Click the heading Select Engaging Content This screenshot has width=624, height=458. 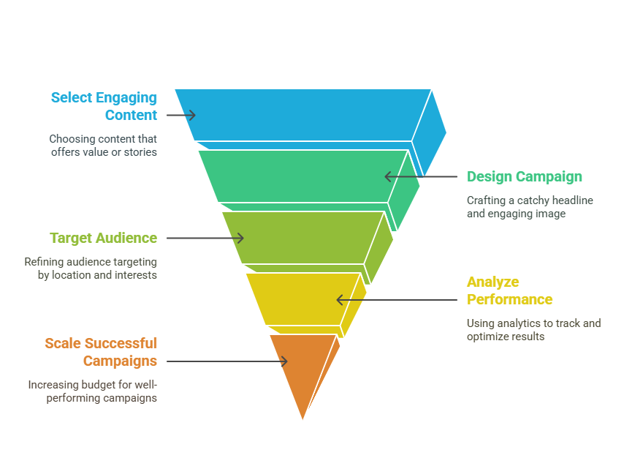[104, 106]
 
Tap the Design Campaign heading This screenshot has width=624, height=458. [525, 176]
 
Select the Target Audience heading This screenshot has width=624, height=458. [104, 238]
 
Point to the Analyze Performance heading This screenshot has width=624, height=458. [510, 290]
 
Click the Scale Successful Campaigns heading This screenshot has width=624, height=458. [101, 352]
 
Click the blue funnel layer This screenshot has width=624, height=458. [303, 115]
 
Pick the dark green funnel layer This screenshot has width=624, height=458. [303, 176]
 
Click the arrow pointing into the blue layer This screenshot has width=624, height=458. [181, 115]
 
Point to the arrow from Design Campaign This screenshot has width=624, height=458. [421, 176]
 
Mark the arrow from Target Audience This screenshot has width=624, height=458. [205, 238]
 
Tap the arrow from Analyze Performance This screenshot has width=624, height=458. [397, 300]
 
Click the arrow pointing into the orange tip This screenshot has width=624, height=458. [227, 361]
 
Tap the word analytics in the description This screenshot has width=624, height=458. [515, 323]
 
